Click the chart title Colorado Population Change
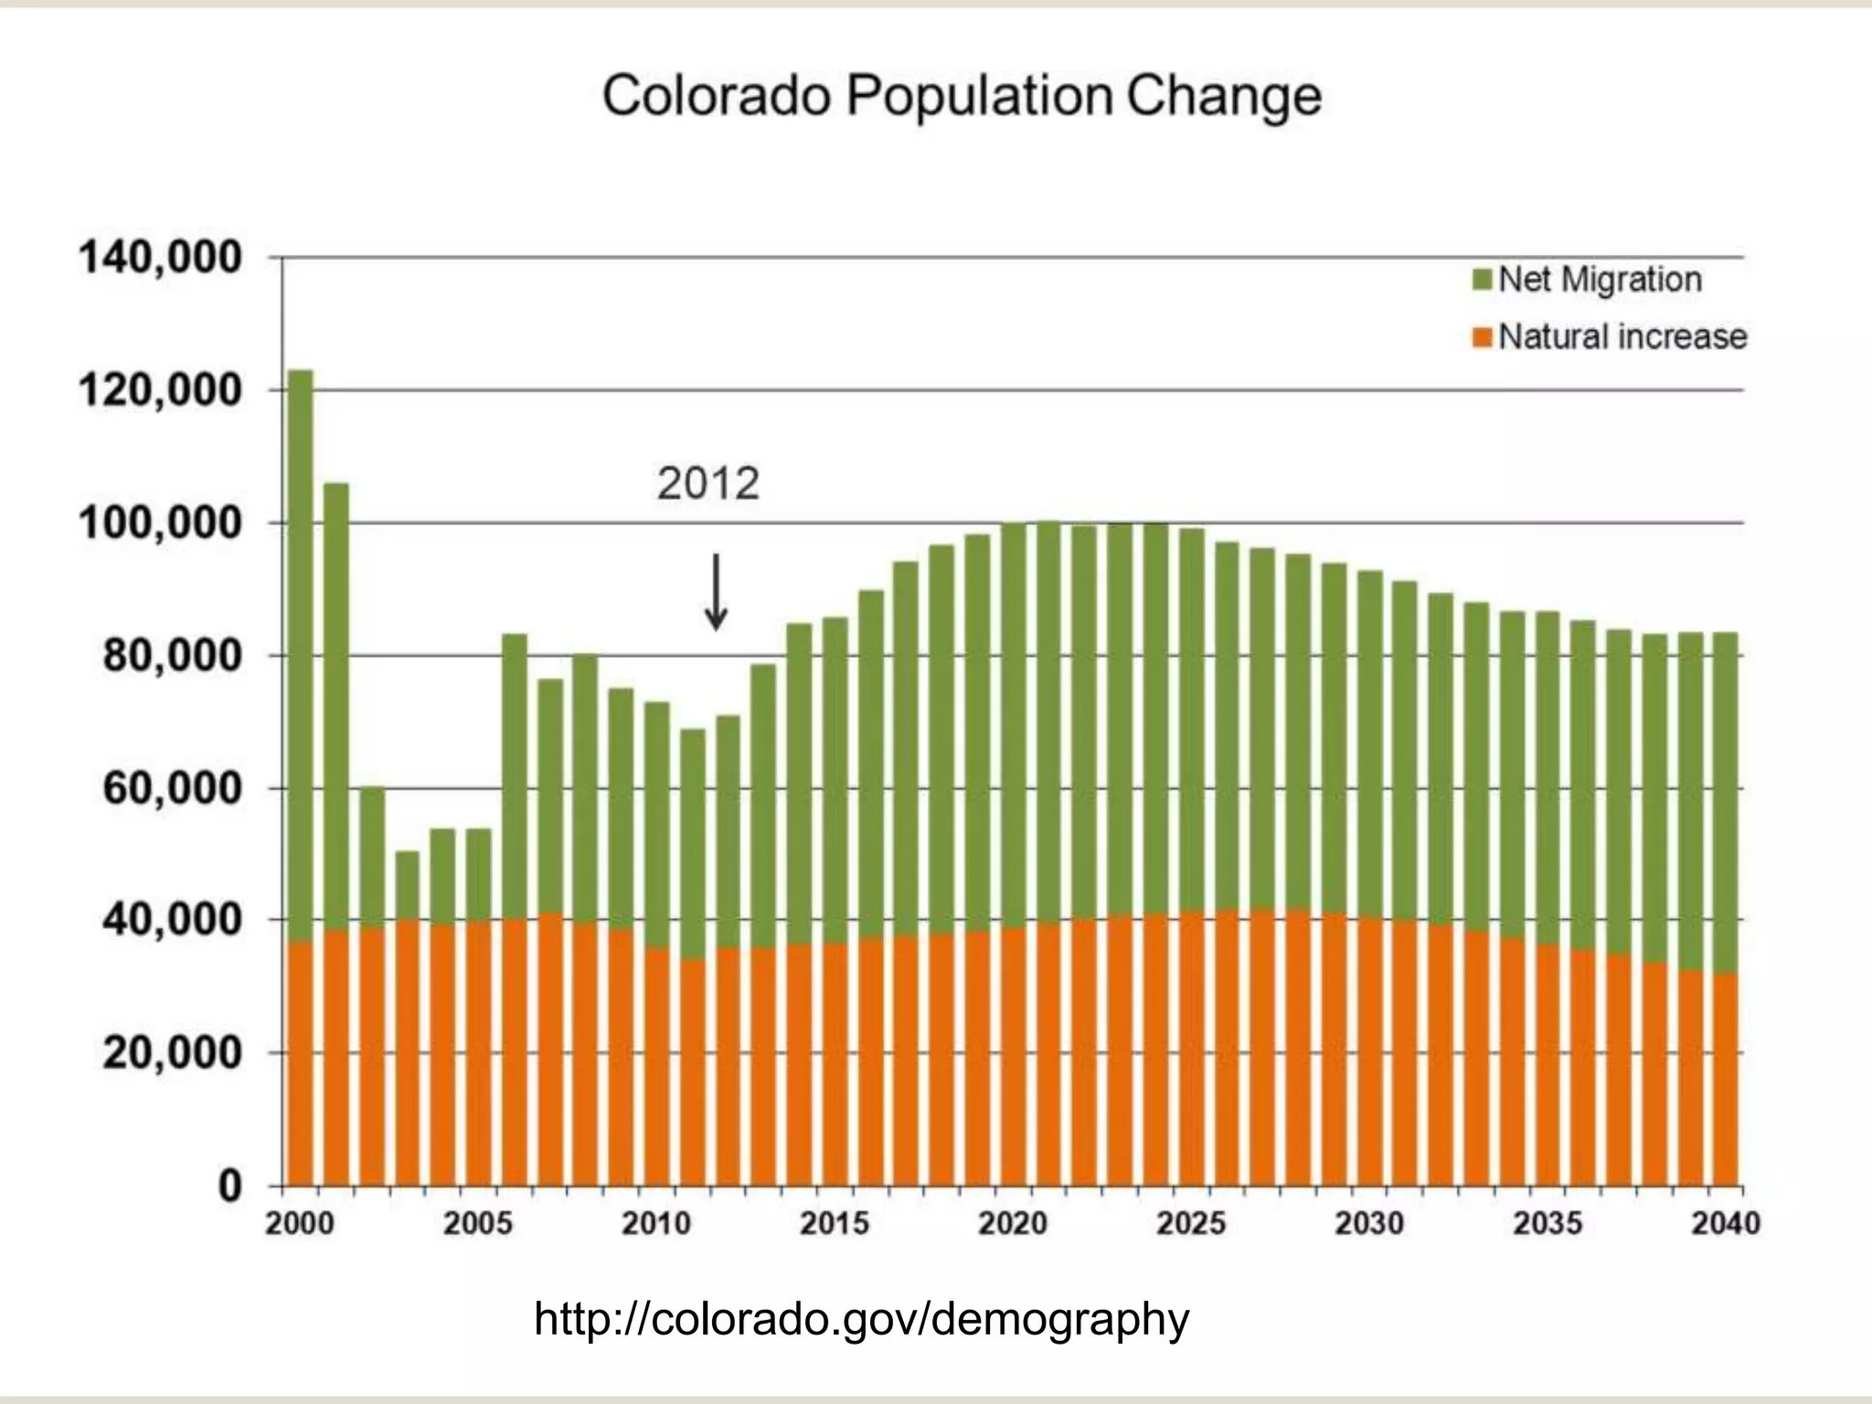coord(962,97)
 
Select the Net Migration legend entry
coord(1600,280)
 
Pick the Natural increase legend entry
coord(1622,337)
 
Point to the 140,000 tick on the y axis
coord(161,259)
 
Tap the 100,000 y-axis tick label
coord(161,525)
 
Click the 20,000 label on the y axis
coord(172,1054)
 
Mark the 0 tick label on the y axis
coord(229,1187)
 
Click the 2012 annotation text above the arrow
coord(708,484)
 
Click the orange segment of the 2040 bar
coord(1725,1079)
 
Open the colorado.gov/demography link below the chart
coord(861,1320)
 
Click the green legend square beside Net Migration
coord(1482,280)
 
